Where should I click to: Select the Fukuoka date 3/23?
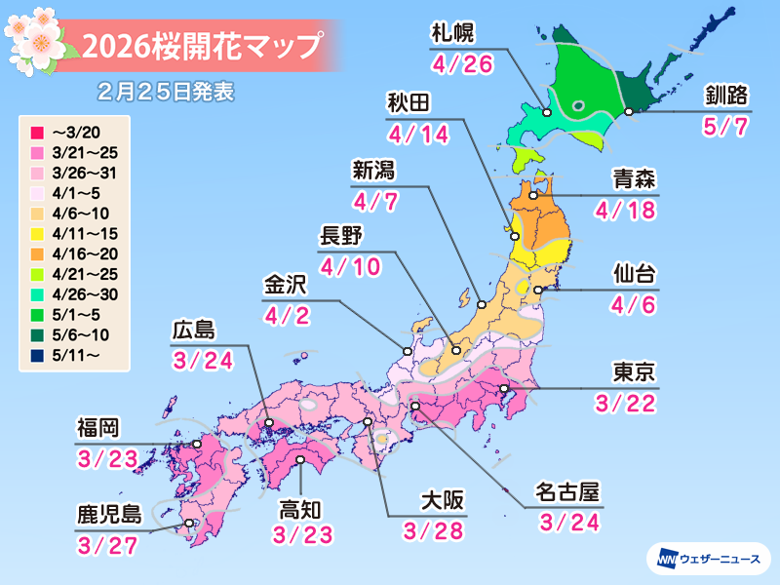103,457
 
